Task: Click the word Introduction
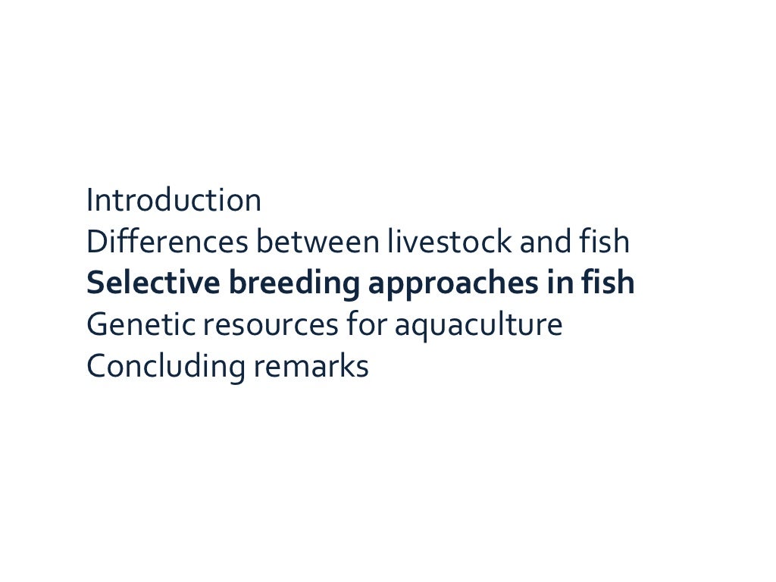coord(174,201)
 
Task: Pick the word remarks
coord(311,367)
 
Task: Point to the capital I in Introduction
coord(90,201)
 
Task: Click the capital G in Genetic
coord(97,325)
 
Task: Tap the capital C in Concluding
coord(97,367)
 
